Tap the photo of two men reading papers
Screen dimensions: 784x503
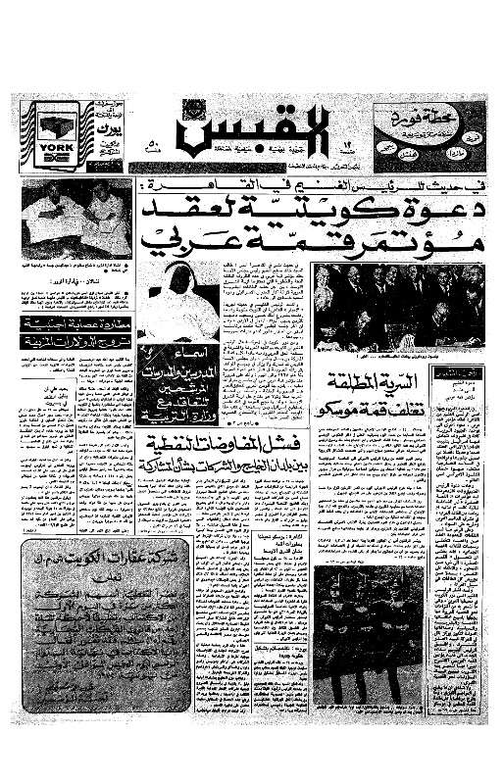point(76,218)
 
